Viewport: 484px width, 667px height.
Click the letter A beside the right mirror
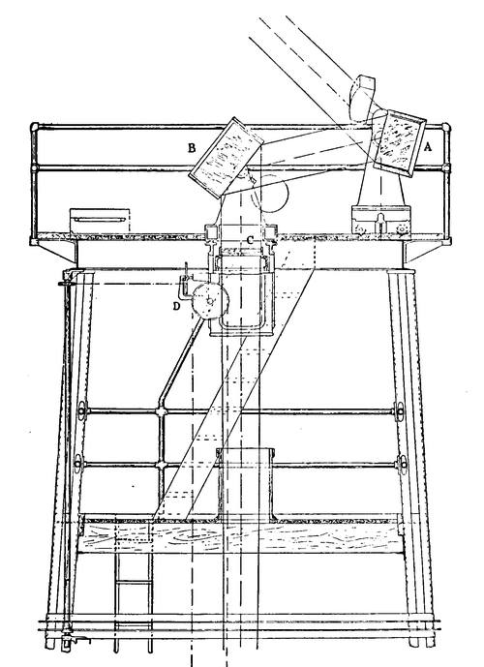428,147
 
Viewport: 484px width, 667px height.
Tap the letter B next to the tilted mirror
193,148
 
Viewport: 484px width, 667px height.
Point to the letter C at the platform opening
251,240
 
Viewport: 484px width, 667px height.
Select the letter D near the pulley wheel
177,306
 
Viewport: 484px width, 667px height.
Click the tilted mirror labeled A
400,143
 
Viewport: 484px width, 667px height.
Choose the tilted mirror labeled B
226,158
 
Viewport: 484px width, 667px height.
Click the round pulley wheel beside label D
210,301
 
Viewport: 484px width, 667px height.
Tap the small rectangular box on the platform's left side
100,221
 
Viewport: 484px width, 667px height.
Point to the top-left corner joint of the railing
35,127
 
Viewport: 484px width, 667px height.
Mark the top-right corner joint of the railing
445,127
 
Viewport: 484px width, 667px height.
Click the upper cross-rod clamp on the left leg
82,410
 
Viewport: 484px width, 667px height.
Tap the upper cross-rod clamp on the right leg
399,411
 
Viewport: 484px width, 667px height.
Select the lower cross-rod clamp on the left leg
78,464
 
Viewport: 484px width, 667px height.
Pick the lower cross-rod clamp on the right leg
402,464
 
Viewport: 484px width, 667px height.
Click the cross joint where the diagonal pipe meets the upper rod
162,411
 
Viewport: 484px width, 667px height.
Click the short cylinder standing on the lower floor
246,485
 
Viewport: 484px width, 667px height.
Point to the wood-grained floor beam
240,537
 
